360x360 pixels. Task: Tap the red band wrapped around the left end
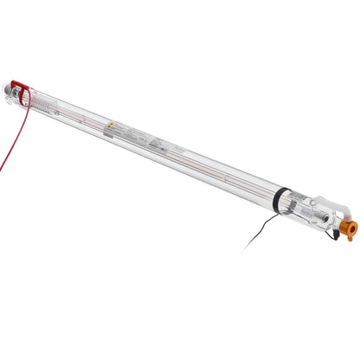[22, 93]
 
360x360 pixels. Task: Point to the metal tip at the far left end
[9, 85]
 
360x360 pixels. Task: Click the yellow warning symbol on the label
[110, 128]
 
